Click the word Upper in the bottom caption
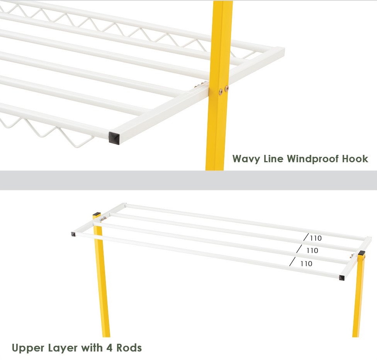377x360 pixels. click(28, 348)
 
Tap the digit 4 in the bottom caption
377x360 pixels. click(109, 348)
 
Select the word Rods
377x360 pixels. click(129, 348)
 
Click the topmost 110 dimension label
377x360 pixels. click(316, 238)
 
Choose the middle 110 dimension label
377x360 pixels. click(312, 251)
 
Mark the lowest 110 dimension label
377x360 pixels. click(306, 264)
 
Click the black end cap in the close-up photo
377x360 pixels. click(114, 138)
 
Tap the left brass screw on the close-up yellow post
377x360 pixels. click(221, 92)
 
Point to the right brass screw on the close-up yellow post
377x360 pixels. click(226, 88)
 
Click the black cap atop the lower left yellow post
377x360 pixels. click(97, 214)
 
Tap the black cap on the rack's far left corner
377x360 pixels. click(73, 234)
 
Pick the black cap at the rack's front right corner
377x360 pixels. click(341, 278)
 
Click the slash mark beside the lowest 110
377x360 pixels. click(292, 262)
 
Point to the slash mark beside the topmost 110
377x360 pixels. click(306, 237)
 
